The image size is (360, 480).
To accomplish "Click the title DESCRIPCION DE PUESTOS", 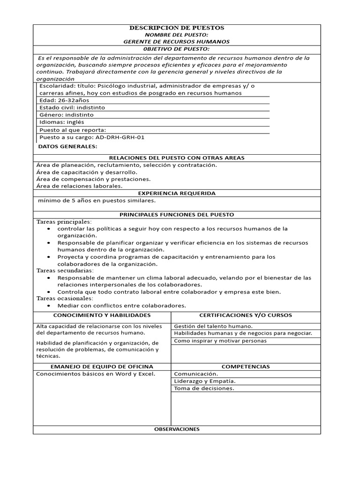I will [x=176, y=28].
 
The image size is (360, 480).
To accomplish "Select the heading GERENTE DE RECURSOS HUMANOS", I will [x=176, y=42].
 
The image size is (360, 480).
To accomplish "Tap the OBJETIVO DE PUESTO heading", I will [x=176, y=49].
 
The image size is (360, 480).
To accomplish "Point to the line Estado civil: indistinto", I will [x=72, y=107].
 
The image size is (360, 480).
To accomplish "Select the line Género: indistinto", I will [x=67, y=114].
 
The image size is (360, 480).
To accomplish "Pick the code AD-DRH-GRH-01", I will [x=120, y=137].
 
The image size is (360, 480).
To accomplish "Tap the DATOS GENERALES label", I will [x=67, y=147].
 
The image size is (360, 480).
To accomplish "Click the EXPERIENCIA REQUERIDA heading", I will [x=176, y=193].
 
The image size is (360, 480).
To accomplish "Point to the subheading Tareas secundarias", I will [x=65, y=270].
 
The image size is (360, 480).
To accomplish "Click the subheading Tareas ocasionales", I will [x=65, y=298].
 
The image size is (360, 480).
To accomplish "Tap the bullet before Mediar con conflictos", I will [x=49, y=306].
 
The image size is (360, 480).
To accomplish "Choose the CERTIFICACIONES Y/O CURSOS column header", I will [x=246, y=315].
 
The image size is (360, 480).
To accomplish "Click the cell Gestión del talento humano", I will [x=213, y=326].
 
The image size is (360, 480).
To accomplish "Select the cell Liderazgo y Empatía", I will [x=204, y=381].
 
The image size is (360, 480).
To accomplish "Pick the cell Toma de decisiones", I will [x=204, y=388].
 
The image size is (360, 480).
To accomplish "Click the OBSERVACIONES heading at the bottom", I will [x=176, y=429].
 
